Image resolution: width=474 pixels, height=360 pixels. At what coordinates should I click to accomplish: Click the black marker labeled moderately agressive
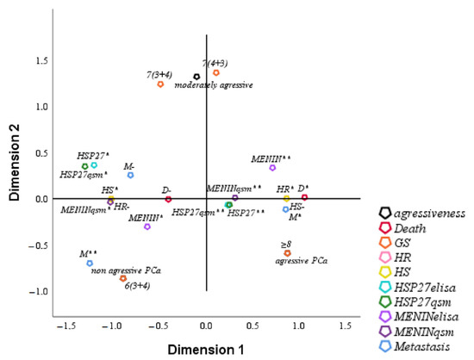coord(196,77)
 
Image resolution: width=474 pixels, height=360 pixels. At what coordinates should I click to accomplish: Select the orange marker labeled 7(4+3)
coord(216,72)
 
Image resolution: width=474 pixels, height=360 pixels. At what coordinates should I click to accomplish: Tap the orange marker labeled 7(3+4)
coord(160,84)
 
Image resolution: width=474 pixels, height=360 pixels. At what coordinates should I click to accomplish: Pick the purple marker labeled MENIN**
coord(272,167)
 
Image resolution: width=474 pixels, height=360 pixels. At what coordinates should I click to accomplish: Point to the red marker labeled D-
coord(168,199)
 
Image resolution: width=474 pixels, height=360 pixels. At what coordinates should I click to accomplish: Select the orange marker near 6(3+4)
coord(123,279)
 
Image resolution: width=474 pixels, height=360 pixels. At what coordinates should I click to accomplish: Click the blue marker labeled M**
coord(90,264)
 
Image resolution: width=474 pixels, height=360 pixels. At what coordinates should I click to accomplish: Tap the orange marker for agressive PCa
coord(287,253)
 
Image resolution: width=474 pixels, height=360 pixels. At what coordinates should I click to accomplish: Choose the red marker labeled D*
coord(304,198)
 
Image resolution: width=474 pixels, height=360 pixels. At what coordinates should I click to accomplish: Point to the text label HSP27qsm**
coord(197,211)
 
